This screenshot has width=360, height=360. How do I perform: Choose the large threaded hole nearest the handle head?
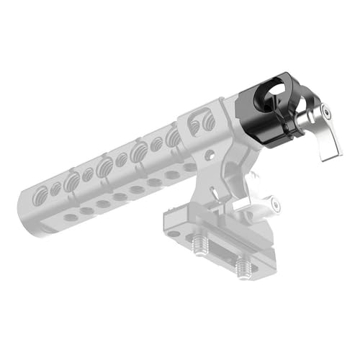pyautogui.click(x=174, y=136)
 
